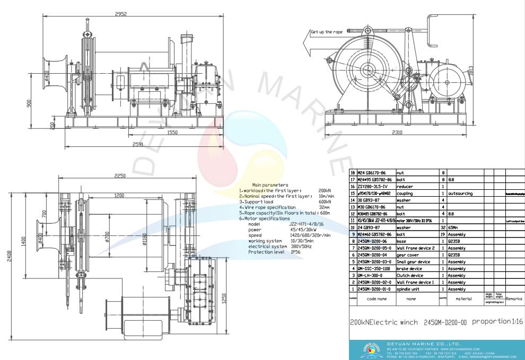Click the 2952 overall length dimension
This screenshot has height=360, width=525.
pyautogui.click(x=121, y=14)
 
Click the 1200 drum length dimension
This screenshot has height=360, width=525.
pyautogui.click(x=120, y=195)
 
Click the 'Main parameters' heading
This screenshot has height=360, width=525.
pyautogui.click(x=271, y=185)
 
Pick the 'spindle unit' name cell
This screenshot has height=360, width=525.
pyautogui.click(x=401, y=289)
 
